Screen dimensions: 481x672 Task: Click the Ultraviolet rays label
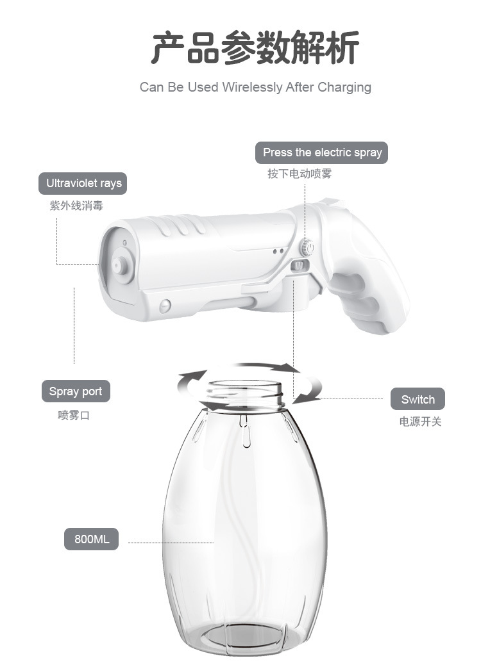click(83, 183)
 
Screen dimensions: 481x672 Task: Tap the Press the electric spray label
click(321, 152)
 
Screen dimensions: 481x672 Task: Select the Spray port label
click(76, 391)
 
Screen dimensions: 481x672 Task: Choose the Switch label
click(418, 399)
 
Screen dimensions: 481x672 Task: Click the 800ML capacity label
click(92, 539)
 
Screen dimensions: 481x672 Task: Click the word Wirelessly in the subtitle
click(252, 87)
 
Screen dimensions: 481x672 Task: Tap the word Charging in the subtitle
click(344, 87)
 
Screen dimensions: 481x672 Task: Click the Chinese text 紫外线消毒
click(76, 206)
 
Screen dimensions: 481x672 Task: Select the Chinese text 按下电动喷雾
click(300, 174)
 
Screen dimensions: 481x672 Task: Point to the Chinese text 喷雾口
click(74, 415)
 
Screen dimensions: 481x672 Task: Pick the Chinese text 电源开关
click(421, 422)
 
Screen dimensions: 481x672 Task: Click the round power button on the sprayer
click(308, 247)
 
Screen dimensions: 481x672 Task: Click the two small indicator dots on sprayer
click(278, 251)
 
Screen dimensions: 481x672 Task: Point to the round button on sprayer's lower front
click(165, 306)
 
